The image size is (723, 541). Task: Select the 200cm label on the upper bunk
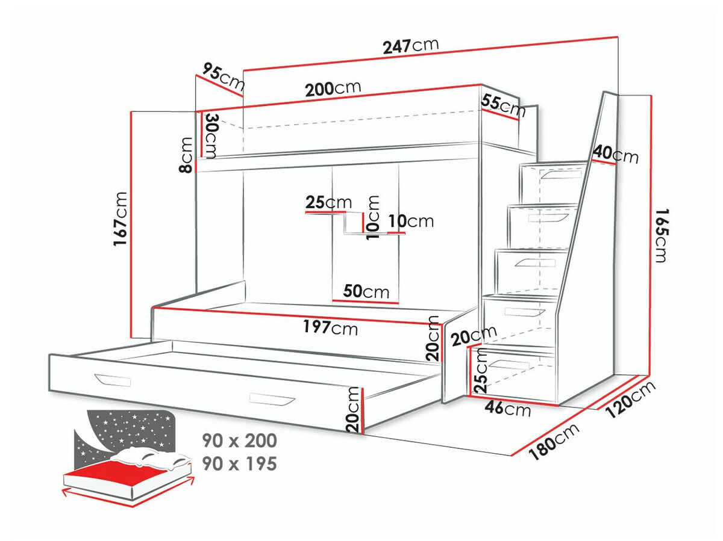pos(333,88)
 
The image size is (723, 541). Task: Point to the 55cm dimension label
pos(503,105)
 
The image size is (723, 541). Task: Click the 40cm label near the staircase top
pos(615,155)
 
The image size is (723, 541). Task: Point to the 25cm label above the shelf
pos(328,202)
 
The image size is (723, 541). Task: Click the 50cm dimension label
pos(366,292)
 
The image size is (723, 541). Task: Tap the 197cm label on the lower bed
pos(330,327)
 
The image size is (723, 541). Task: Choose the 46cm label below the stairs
pos(509,410)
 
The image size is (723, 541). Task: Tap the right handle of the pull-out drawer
pos(272,399)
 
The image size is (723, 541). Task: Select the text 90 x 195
pos(240,463)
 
